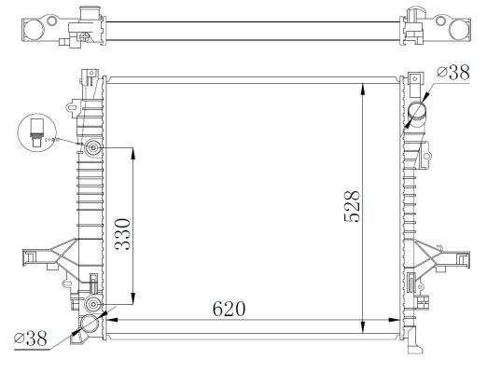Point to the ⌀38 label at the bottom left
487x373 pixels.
coord(30,339)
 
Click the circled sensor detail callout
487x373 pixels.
coord(36,131)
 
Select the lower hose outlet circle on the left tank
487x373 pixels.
coord(90,325)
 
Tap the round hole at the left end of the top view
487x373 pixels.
coord(32,29)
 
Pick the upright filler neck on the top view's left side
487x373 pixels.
coord(88,16)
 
